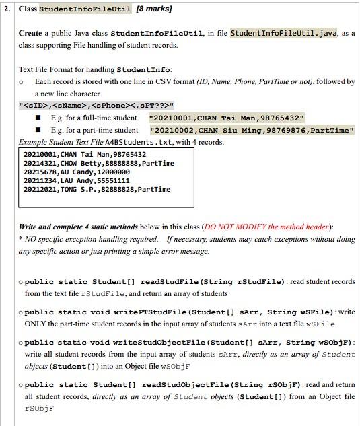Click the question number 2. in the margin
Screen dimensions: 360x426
point(7,10)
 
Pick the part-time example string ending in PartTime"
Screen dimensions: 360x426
point(252,130)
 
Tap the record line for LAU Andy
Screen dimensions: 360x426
point(77,181)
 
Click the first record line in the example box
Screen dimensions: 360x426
point(84,155)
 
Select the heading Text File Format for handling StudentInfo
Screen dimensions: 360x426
point(94,69)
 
